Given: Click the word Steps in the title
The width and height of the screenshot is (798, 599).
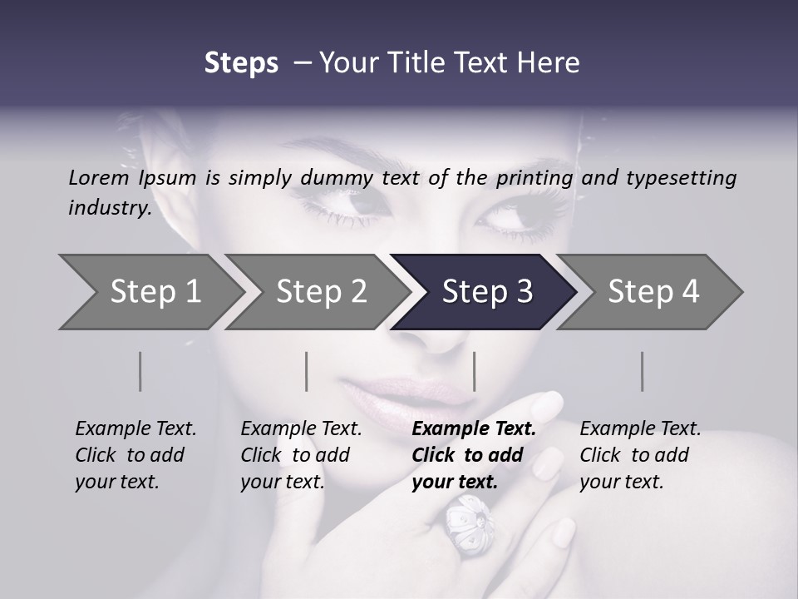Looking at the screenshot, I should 241,63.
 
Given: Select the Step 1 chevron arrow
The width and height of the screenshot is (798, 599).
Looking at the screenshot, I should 150,292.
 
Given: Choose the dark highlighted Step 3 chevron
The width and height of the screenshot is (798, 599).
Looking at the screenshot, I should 484,292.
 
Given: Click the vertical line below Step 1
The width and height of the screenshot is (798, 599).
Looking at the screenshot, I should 140,371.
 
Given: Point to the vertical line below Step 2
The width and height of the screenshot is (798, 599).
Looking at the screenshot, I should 307,371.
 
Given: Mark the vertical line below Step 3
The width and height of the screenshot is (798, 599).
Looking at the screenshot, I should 474,371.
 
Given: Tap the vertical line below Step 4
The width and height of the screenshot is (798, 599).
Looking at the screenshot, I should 642,371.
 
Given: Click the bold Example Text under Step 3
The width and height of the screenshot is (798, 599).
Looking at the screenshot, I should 474,429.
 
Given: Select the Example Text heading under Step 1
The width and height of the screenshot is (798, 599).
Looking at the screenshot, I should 135,429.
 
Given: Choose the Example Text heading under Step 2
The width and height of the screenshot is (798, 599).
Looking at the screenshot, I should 301,429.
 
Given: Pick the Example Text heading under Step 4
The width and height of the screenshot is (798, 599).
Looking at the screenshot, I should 640,429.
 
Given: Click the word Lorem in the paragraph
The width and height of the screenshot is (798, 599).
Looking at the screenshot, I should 99,178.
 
